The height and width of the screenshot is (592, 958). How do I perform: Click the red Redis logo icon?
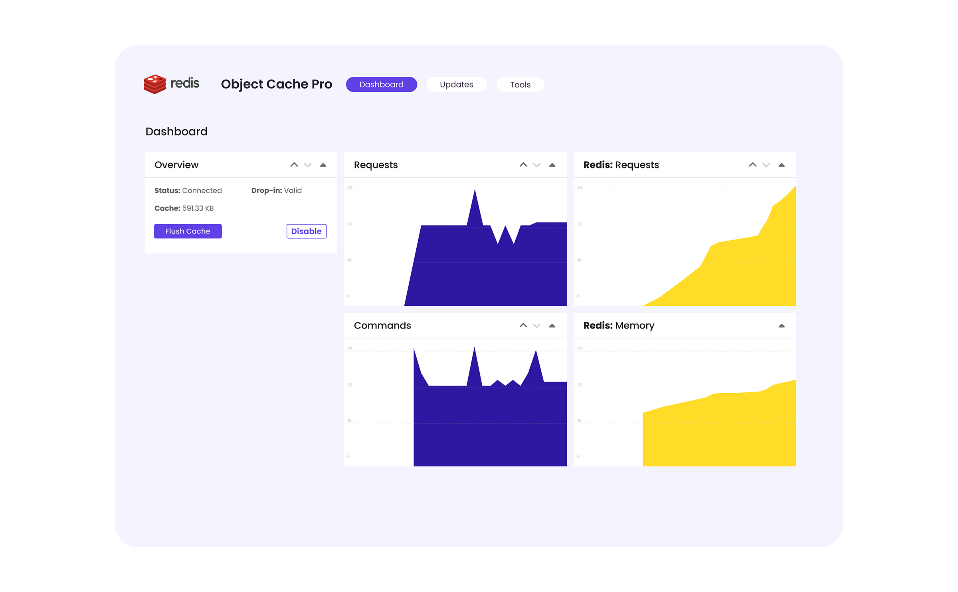coord(154,84)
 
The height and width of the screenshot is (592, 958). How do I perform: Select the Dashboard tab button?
coord(381,85)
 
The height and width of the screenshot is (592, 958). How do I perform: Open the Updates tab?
coord(456,85)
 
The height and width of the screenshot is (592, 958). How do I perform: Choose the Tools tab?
coord(520,85)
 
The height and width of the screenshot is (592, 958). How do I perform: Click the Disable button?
coord(306,231)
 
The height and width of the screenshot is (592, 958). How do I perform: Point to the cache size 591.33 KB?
coord(198,208)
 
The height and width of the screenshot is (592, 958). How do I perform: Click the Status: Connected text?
coord(188,191)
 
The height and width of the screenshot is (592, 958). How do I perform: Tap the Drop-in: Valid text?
coord(276,191)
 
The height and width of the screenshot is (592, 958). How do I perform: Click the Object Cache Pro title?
coord(276,84)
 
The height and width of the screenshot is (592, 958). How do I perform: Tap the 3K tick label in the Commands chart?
coord(350,348)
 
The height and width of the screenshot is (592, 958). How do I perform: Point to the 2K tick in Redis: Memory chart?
coord(580,385)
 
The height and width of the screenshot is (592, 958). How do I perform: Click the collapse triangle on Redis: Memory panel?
coord(782,326)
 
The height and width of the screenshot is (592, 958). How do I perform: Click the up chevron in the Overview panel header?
coord(294,165)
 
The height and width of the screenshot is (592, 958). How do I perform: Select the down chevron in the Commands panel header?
coord(537,326)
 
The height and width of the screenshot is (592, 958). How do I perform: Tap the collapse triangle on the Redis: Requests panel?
coord(782,165)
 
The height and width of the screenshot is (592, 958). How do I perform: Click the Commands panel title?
coord(382,326)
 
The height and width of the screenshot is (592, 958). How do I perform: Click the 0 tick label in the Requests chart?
coord(348,296)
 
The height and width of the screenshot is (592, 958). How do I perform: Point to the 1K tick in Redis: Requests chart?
coord(580,260)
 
